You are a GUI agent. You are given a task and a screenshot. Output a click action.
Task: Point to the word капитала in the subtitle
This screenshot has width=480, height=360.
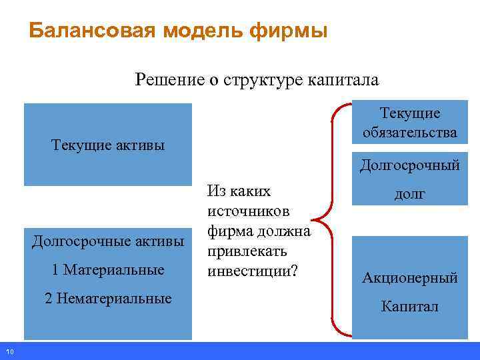[342, 81]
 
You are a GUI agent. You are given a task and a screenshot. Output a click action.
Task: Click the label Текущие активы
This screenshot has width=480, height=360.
[107, 145]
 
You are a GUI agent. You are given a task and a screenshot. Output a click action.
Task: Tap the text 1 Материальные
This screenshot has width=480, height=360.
[108, 269]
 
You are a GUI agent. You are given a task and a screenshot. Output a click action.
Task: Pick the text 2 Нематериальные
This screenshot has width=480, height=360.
[108, 298]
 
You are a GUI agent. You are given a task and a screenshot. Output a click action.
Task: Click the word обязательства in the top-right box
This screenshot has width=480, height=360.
[410, 133]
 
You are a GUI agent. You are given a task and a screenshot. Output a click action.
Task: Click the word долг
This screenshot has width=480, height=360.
[410, 194]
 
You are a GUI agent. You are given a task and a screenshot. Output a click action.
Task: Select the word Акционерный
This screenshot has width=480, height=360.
[410, 278]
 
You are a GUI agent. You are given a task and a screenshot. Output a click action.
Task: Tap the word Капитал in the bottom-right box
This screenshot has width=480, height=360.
[410, 307]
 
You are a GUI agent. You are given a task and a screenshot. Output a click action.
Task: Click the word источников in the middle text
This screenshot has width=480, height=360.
[249, 211]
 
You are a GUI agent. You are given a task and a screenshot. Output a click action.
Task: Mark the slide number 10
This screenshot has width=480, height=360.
[9, 352]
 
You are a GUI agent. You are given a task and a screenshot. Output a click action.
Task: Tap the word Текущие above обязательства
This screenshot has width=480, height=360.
[410, 113]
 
